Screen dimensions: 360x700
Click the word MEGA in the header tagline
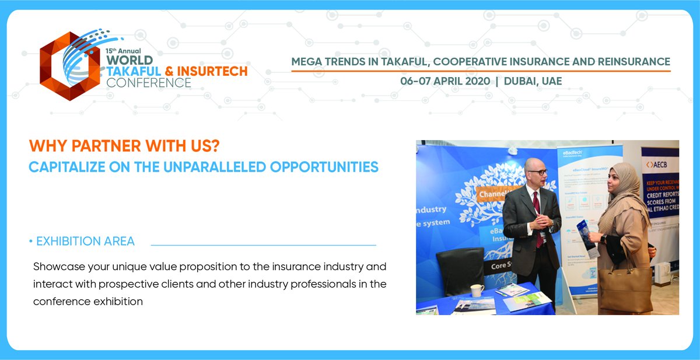tap(307, 61)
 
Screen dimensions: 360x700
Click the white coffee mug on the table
tap(477, 291)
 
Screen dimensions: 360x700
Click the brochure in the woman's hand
tap(586, 236)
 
